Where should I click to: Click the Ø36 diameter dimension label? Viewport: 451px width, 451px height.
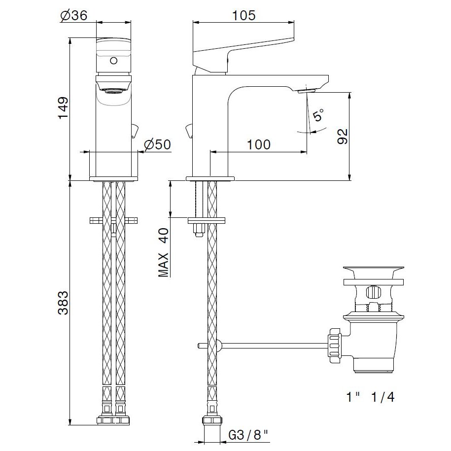tap(74, 15)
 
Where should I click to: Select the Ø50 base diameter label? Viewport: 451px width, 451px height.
tap(157, 145)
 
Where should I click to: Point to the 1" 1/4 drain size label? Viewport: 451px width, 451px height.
tap(370, 396)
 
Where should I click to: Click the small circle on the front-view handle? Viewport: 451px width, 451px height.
tap(113, 61)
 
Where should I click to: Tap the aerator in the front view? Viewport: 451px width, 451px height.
tap(113, 89)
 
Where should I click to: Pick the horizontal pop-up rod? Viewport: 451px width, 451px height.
tap(266, 346)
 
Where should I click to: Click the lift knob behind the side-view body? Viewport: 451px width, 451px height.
tap(188, 131)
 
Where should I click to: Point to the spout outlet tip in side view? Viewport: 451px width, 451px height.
tap(309, 90)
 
